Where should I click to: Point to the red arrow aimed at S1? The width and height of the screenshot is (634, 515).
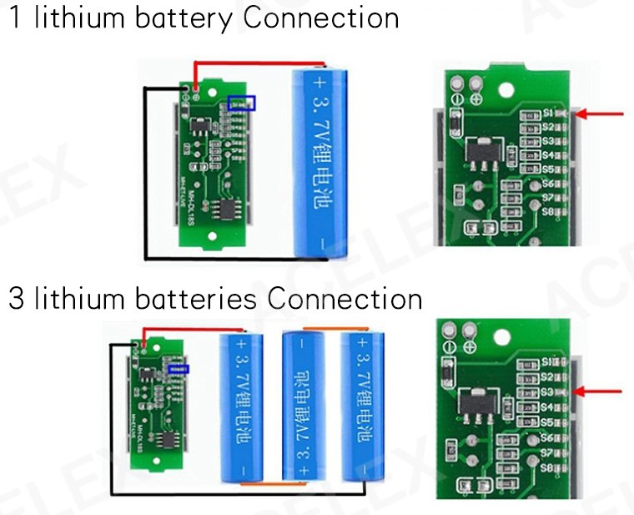(x=602, y=113)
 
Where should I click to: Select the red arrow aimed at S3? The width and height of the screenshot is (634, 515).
(x=602, y=390)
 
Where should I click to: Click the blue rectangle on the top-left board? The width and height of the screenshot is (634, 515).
(x=242, y=103)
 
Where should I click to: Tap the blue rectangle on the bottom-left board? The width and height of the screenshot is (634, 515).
(x=176, y=368)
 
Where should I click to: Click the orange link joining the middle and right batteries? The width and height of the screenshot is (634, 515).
(x=332, y=329)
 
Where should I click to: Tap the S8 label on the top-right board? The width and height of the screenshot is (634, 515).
(x=549, y=211)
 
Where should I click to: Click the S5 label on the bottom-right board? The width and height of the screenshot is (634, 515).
(x=548, y=422)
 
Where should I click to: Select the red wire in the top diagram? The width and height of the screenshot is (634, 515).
(x=259, y=63)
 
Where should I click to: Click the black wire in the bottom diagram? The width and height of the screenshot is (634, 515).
(x=234, y=493)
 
